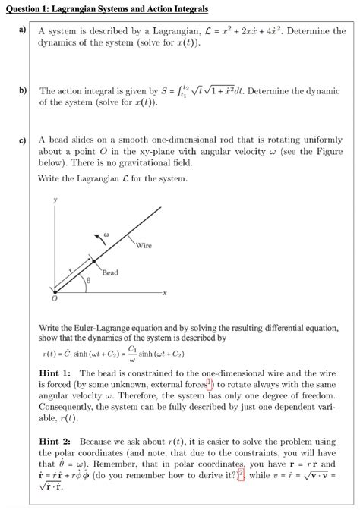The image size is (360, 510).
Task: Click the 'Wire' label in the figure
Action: pyautogui.click(x=144, y=245)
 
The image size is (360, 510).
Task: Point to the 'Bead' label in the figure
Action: pyautogui.click(x=110, y=272)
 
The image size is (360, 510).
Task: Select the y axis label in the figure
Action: pyautogui.click(x=54, y=201)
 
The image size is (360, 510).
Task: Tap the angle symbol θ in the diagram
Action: pyautogui.click(x=88, y=280)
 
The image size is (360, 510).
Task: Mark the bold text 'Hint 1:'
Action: pyautogui.click(x=55, y=373)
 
